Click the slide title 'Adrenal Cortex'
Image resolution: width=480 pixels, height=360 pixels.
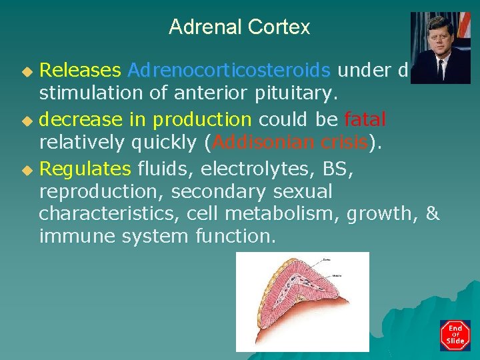pyautogui.click(x=239, y=27)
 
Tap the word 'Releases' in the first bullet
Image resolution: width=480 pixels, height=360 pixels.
pyautogui.click(x=80, y=70)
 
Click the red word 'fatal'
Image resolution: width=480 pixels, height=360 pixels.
pyautogui.click(x=365, y=120)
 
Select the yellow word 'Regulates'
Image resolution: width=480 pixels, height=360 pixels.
pyautogui.click(x=85, y=169)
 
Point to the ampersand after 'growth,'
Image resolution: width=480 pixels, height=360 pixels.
pyautogui.click(x=433, y=214)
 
